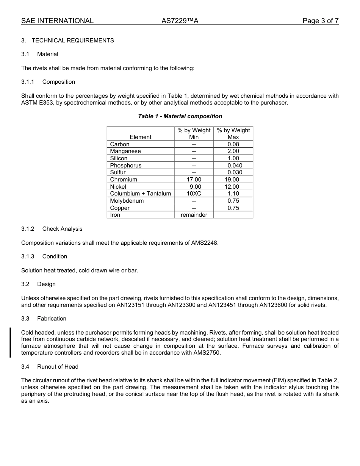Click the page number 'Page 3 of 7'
[x=320, y=21]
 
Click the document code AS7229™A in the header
[x=180, y=21]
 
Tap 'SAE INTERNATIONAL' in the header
[x=57, y=21]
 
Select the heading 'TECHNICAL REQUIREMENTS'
[x=73, y=41]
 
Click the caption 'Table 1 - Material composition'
[x=180, y=116]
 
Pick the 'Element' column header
[x=140, y=137]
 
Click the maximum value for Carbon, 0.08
[x=233, y=144]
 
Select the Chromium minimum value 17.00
[x=194, y=180]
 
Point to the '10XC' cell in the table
[x=194, y=194]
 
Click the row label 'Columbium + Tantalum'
[x=140, y=194]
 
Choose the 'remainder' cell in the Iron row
[x=194, y=215]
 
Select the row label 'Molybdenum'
[x=127, y=201]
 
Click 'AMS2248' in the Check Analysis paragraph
[x=205, y=242]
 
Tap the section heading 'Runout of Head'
[x=58, y=367]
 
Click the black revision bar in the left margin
[x=10, y=342]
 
